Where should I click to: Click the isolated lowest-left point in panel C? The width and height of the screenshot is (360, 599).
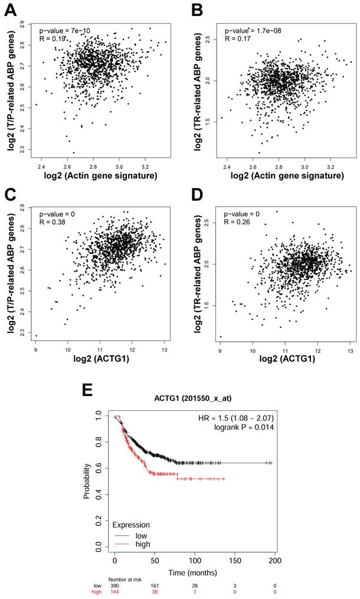point(36,336)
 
